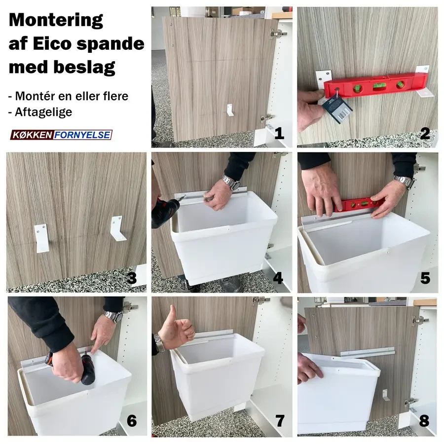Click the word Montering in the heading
coord(56,20)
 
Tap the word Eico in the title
coord(52,43)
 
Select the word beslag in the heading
coord(84,68)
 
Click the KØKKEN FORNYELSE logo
coord(62,135)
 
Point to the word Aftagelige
coord(43,112)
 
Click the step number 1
coord(279,133)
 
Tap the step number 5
coord(425,278)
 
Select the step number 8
coord(424,421)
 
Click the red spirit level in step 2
coord(375,85)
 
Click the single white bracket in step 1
coord(230,110)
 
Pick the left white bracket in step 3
coord(41,238)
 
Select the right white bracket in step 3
coord(118,228)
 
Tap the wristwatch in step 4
coord(230,182)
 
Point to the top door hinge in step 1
coord(277,34)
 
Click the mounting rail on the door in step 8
coord(368,352)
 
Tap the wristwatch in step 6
coord(113,316)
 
